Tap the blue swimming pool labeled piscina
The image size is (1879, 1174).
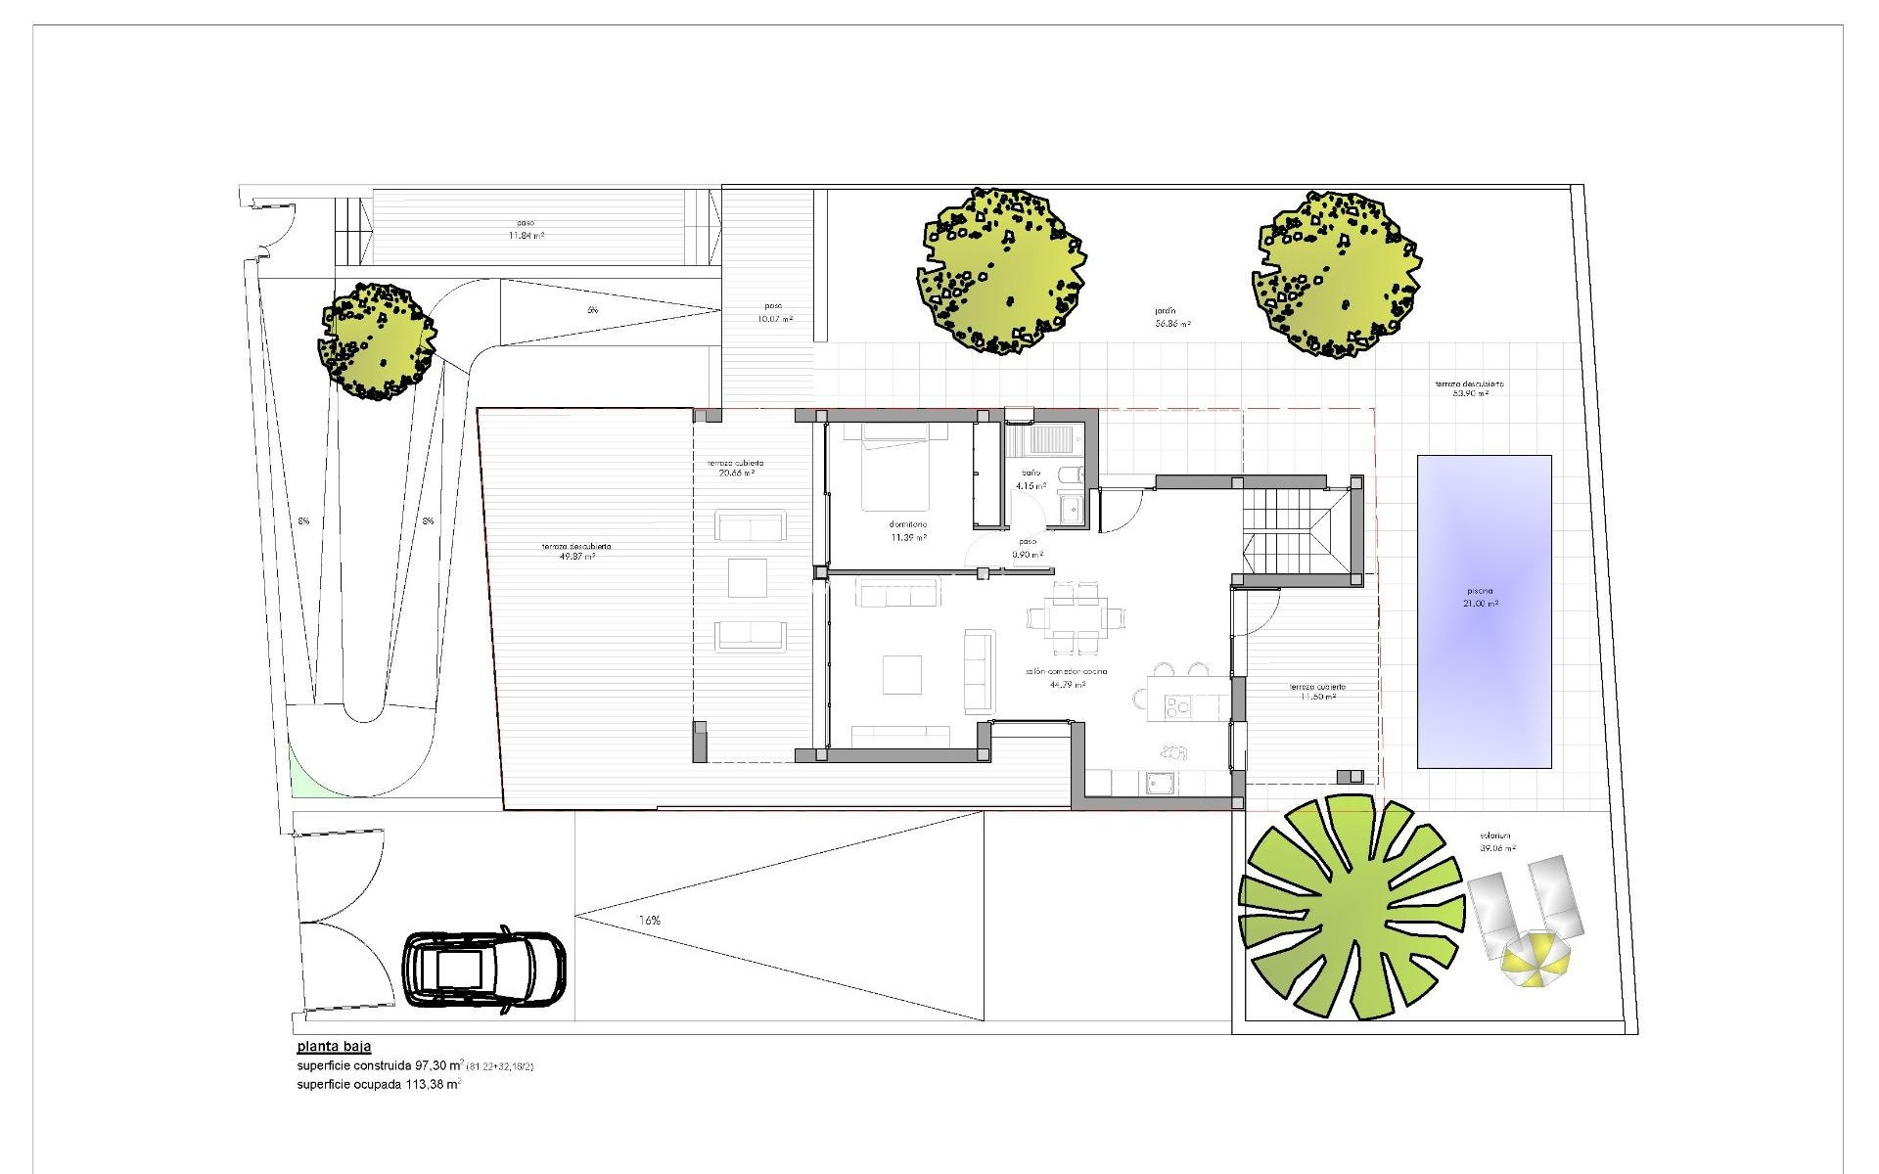pos(1484,610)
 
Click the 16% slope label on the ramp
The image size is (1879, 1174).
pos(649,921)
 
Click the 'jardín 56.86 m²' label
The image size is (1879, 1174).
pos(1171,317)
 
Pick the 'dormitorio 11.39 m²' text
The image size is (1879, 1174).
pos(908,531)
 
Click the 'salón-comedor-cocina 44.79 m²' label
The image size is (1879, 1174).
pos(1067,678)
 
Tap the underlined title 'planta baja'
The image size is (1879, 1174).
pos(334,1046)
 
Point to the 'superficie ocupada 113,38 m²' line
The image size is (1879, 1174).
pos(379,1084)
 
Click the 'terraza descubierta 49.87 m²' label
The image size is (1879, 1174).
pos(577,552)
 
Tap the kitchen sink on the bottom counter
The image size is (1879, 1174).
pos(1162,782)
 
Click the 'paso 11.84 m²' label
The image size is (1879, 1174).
pos(526,229)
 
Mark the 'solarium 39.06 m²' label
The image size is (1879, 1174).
pos(1496,841)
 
